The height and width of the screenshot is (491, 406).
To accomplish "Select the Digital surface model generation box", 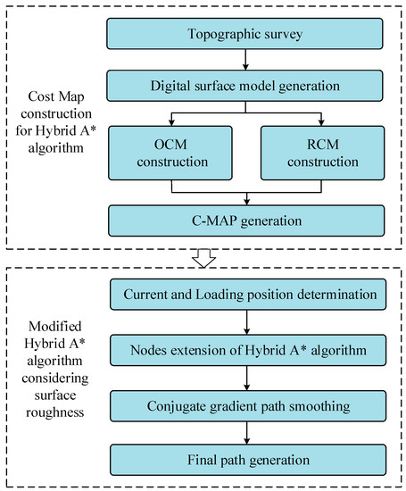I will point(243,87).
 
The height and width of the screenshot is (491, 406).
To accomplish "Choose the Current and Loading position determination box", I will point(243,294).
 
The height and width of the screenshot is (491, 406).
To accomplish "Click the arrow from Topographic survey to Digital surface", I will point(243,60).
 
